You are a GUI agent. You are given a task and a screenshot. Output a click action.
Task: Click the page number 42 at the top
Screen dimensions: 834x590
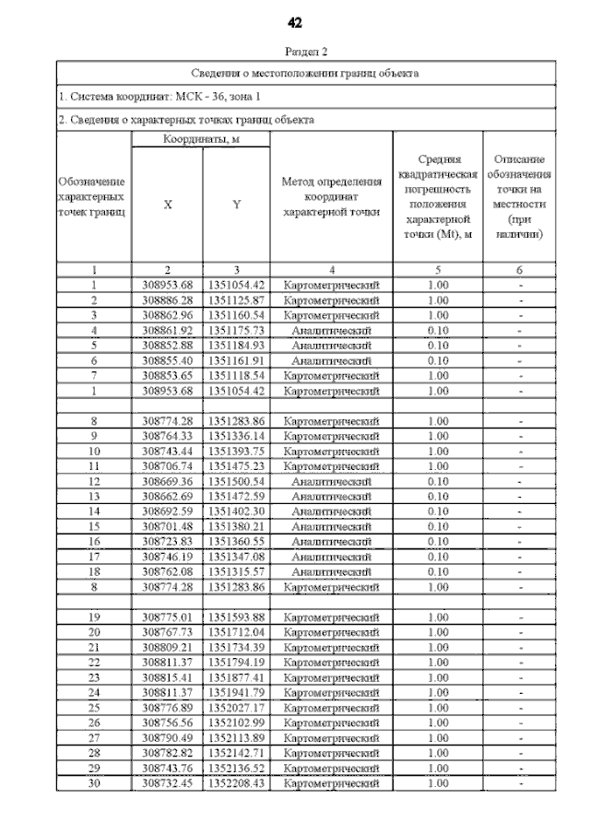pyautogui.click(x=295, y=22)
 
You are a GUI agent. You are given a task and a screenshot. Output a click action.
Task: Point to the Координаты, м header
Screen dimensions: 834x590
pyautogui.click(x=200, y=139)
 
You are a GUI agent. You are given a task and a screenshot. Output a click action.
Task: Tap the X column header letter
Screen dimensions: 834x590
pyautogui.click(x=167, y=206)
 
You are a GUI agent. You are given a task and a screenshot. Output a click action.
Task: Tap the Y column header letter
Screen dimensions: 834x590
pyautogui.click(x=236, y=206)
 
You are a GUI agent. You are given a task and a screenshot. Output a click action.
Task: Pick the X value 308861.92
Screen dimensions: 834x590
pyautogui.click(x=167, y=329)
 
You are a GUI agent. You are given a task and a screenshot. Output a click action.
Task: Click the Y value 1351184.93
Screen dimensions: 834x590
pyautogui.click(x=236, y=345)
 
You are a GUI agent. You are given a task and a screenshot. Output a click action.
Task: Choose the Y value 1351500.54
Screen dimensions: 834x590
pyautogui.click(x=236, y=481)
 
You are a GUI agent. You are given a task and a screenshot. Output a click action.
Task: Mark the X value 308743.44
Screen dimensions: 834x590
pyautogui.click(x=167, y=451)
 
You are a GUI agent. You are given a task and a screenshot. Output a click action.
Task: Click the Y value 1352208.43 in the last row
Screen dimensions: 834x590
pyautogui.click(x=236, y=783)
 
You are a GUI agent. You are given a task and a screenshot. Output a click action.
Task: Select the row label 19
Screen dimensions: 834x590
pyautogui.click(x=94, y=617)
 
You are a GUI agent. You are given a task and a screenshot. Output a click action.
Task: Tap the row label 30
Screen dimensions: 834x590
pyautogui.click(x=94, y=783)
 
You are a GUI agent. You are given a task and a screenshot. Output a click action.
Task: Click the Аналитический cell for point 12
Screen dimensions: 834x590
pyautogui.click(x=331, y=481)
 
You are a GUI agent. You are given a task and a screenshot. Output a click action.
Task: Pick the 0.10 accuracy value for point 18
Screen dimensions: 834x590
pyautogui.click(x=439, y=571)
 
